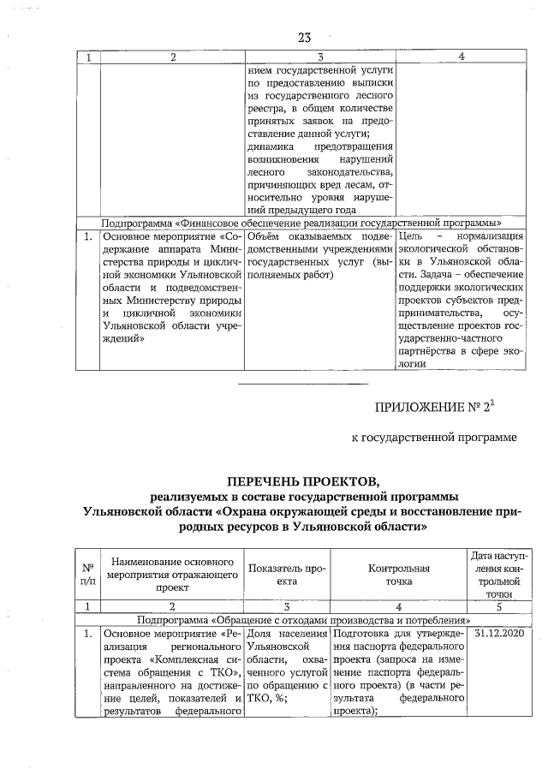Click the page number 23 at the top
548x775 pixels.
305,37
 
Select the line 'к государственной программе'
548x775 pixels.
435,438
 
